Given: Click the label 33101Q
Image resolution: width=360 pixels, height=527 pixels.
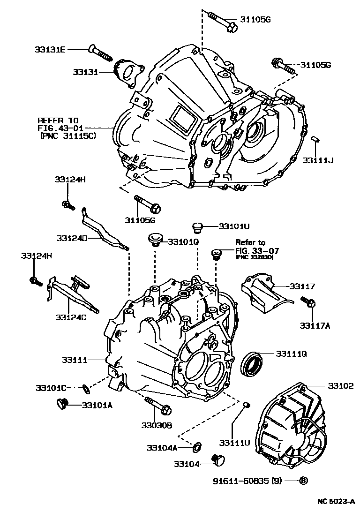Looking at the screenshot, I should (x=184, y=241).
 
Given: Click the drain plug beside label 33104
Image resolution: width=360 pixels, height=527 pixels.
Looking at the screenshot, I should (x=218, y=460).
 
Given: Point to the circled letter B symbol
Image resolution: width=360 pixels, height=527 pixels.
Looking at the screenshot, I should (x=303, y=481).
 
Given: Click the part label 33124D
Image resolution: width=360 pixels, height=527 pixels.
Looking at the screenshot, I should (x=73, y=238).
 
